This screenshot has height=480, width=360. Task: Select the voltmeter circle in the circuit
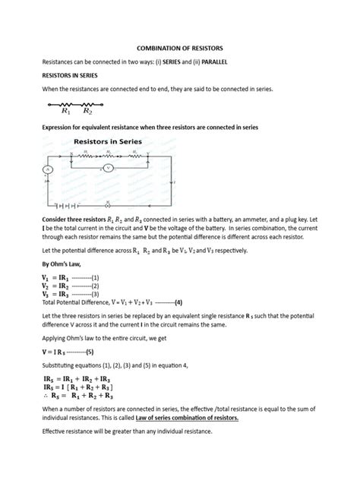108,168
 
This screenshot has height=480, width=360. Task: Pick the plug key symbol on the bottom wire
108,204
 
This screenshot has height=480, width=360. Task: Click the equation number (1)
94,278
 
